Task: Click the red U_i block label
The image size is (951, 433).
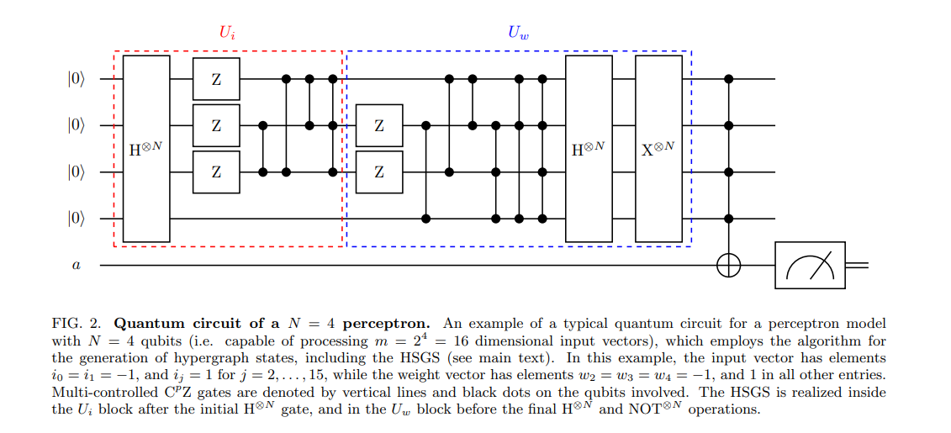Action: (228, 33)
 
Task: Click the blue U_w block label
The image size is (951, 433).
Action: (518, 33)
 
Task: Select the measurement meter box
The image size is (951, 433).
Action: (810, 265)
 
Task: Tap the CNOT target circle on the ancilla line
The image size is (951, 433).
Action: (729, 265)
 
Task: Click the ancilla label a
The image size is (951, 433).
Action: (76, 266)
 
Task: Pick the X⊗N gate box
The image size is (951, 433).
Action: (658, 149)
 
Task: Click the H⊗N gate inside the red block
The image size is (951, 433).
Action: (146, 149)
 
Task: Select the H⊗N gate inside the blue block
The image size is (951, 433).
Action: (589, 149)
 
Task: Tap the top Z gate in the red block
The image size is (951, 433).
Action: (216, 79)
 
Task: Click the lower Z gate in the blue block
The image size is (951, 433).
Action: (379, 172)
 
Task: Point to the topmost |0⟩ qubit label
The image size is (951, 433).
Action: (77, 80)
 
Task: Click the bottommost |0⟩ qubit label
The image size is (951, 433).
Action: (77, 219)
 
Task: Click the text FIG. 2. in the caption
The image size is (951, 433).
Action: (82, 323)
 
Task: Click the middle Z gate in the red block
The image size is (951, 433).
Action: (216, 125)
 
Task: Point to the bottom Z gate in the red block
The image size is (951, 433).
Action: (216, 172)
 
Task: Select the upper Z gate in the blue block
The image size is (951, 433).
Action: (379, 125)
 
